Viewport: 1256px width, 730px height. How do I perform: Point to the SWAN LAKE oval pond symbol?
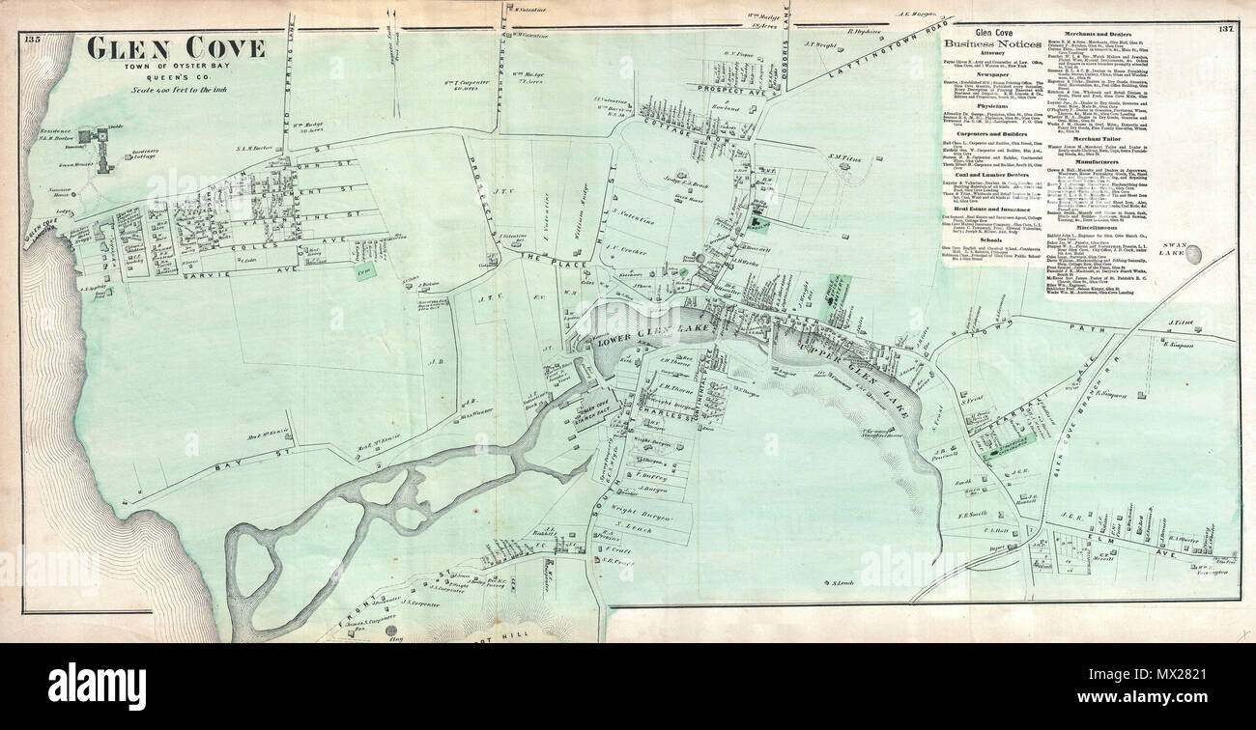pos(1195,254)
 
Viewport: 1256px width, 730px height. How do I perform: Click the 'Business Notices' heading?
pos(991,43)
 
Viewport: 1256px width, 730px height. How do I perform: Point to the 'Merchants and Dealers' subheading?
pos(1095,34)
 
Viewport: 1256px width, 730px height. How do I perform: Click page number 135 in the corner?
pos(34,39)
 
